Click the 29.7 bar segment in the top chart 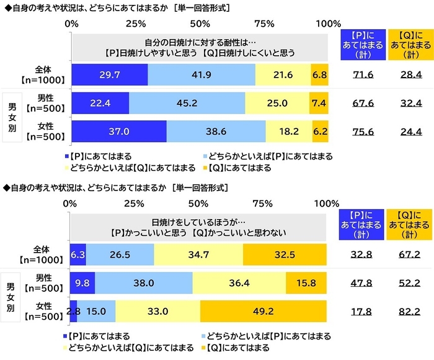pyautogui.click(x=109, y=74)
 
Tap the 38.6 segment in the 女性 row pyautogui.click(x=216, y=132)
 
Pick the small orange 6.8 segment pyautogui.click(x=319, y=74)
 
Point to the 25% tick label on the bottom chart pyautogui.click(x=135, y=204)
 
